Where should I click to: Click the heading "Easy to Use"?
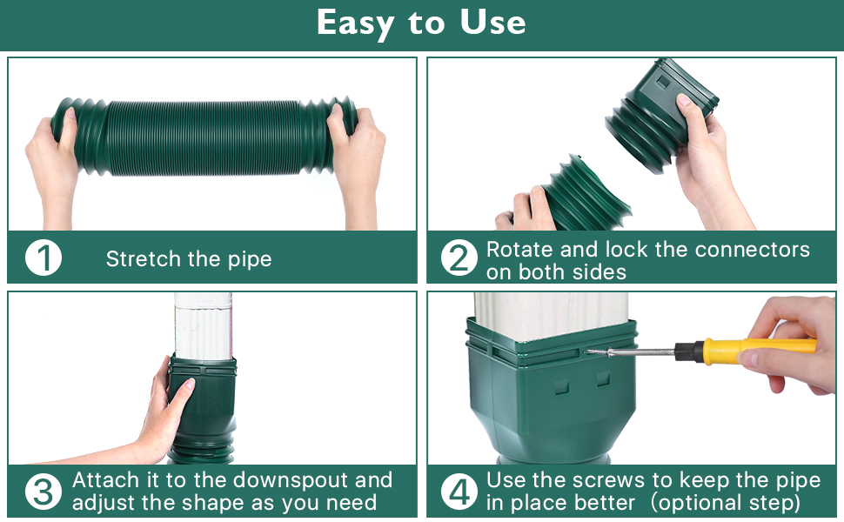point(421,23)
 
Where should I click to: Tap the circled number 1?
point(43,258)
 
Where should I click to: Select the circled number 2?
point(459,258)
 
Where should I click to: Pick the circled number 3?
point(43,492)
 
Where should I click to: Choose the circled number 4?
point(459,492)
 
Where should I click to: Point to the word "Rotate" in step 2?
point(519,250)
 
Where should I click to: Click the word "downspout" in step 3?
point(292,480)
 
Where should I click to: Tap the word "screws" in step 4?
point(611,480)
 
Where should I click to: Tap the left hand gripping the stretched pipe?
point(54,161)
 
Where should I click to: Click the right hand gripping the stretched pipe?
point(358,157)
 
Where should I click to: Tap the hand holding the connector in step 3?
point(165,409)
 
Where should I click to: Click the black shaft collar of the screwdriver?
point(689,351)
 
